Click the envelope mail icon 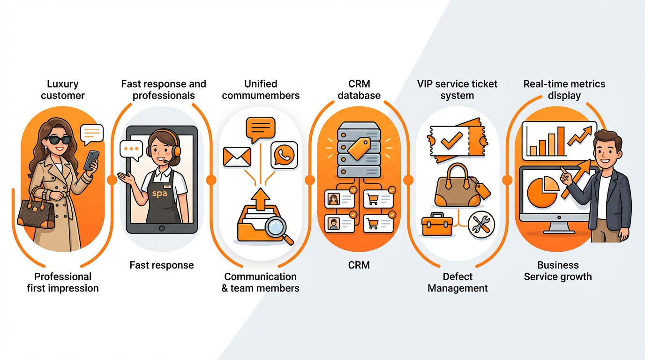pyautogui.click(x=237, y=157)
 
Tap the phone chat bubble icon pyautogui.click(x=284, y=155)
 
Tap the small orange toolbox pyautogui.click(x=436, y=225)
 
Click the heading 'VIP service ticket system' pyautogui.click(x=457, y=90)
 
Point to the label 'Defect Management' pyautogui.click(x=457, y=282)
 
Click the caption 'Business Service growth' pyautogui.click(x=558, y=271)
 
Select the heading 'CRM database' pyautogui.click(x=360, y=90)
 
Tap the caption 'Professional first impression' pyautogui.click(x=63, y=282)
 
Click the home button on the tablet pyautogui.click(x=162, y=228)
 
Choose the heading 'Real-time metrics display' pyautogui.click(x=564, y=90)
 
